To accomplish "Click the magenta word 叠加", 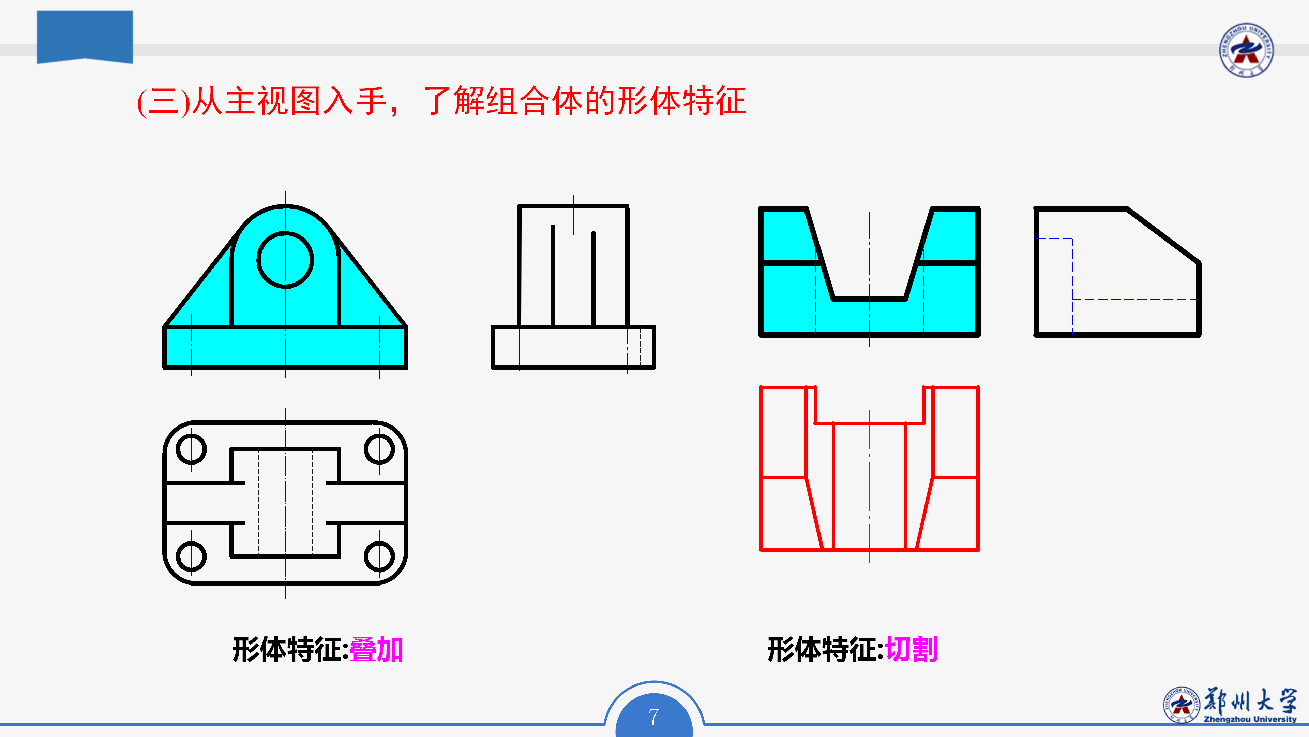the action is point(376,650).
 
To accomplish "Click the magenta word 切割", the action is point(911,650).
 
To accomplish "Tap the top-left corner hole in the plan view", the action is point(191,449).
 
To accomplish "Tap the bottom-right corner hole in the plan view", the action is point(379,557).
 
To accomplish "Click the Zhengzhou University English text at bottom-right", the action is point(1250,719).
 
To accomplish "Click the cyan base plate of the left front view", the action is point(285,347).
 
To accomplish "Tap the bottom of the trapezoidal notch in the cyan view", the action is point(870,299).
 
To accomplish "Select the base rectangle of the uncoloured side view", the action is point(573,347).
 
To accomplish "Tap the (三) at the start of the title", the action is point(164,102).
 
